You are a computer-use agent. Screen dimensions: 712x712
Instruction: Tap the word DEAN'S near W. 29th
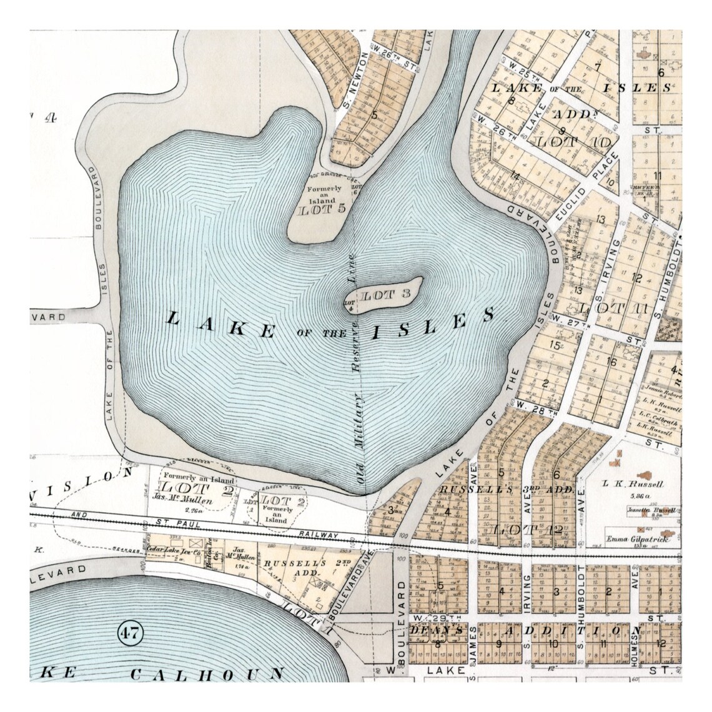[x=437, y=631]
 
